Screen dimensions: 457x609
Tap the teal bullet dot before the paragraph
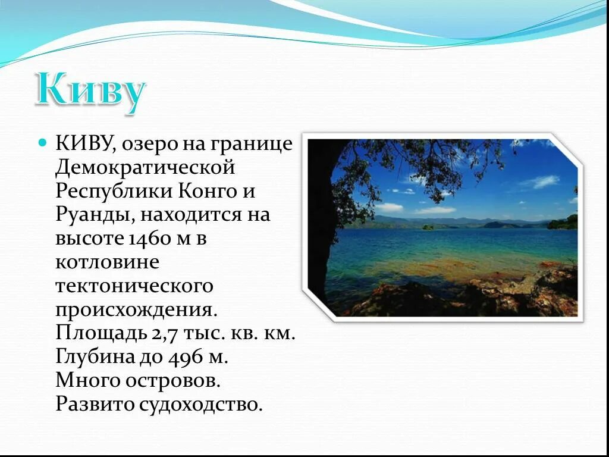tap(42, 143)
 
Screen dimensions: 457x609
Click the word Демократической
tap(145, 168)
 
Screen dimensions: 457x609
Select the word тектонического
tap(134, 286)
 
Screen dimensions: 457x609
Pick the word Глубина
tap(93, 356)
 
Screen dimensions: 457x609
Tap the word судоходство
tap(200, 404)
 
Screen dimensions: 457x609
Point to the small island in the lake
tap(428, 227)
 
